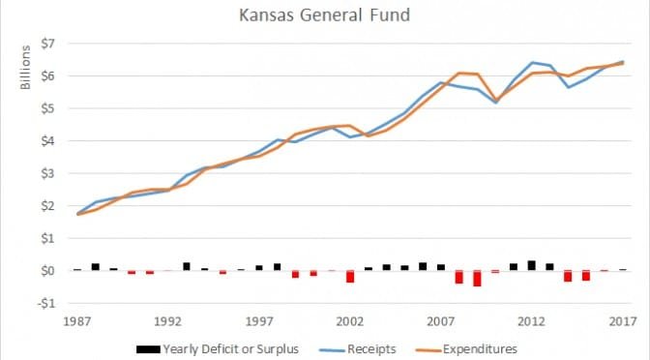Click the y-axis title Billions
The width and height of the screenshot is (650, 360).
(27, 67)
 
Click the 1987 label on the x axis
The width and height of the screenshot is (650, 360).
(76, 320)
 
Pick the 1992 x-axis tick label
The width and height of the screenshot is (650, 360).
(167, 320)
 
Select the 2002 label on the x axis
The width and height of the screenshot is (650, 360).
(349, 320)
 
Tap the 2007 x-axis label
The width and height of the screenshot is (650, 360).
(440, 320)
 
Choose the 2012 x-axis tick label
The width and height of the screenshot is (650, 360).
(531, 320)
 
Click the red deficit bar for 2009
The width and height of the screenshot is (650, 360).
(477, 279)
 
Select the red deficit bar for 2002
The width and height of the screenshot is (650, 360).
(349, 277)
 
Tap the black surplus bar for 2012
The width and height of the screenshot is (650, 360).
(531, 265)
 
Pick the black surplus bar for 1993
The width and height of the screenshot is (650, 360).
(186, 266)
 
